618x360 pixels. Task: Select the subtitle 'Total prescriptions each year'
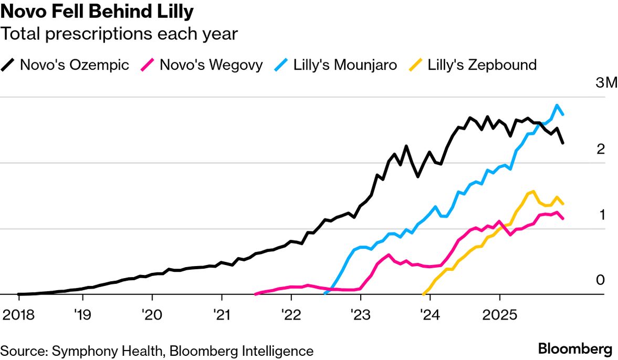coord(119,35)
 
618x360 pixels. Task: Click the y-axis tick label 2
coord(601,150)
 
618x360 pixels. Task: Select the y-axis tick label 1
coord(601,215)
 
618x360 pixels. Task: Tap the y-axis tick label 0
coord(601,281)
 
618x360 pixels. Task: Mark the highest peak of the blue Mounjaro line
coord(557,105)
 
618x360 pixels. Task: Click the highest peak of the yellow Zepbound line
coord(533,192)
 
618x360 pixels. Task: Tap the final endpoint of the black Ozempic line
coord(563,143)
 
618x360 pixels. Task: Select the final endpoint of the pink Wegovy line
coord(563,218)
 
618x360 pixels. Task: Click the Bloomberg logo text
coord(575,350)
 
